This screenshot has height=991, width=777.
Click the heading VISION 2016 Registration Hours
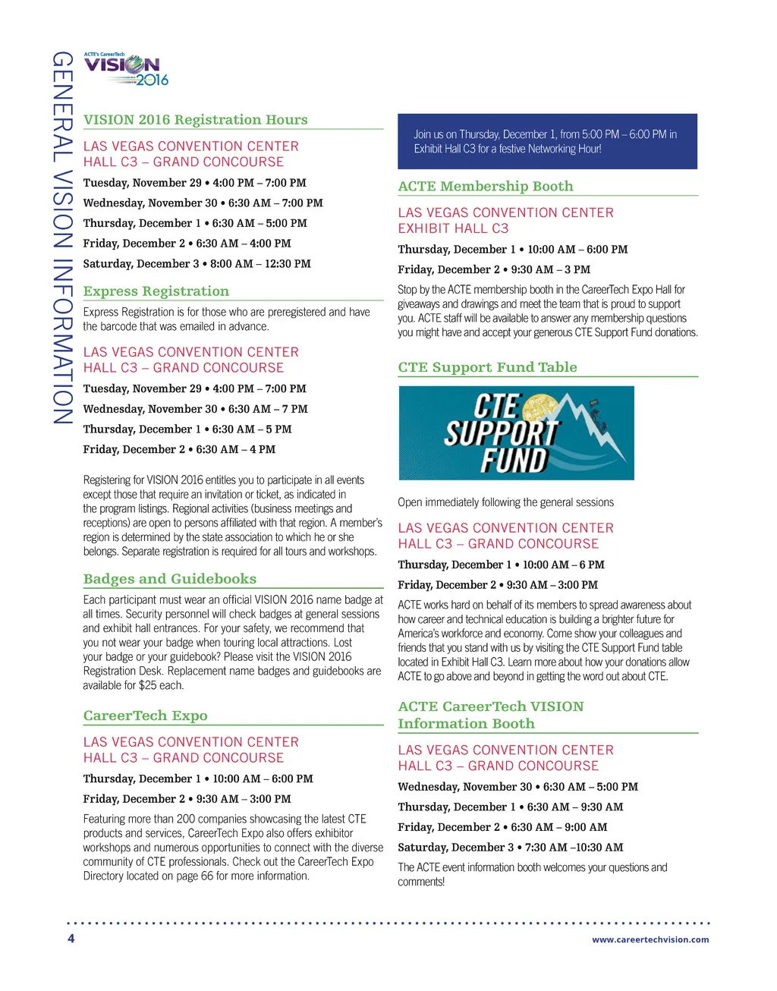click(x=195, y=120)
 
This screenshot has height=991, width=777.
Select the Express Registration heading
click(x=156, y=291)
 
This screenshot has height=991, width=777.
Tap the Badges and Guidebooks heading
click(x=169, y=579)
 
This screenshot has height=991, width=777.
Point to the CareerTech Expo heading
click(x=145, y=716)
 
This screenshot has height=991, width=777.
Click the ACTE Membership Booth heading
click(x=486, y=187)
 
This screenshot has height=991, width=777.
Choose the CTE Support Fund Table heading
click(x=487, y=367)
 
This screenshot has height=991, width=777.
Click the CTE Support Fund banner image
click(x=516, y=433)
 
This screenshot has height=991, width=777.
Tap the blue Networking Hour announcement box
click(x=547, y=141)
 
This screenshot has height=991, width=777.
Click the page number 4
click(x=71, y=939)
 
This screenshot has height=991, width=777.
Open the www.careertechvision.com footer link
click(x=650, y=939)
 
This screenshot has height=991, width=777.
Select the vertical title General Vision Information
click(x=62, y=238)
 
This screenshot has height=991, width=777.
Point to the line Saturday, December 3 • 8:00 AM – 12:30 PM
click(x=197, y=264)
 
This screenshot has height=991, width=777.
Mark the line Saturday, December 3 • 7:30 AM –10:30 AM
click(x=510, y=848)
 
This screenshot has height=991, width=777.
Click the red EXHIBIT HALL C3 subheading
click(x=453, y=228)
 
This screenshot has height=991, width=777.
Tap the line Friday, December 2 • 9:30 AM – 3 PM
click(x=493, y=269)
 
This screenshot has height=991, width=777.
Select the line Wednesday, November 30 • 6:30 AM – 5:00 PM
click(x=517, y=787)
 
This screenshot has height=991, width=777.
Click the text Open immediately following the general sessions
click(x=505, y=502)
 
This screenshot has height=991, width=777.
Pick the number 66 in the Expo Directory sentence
click(x=207, y=876)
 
